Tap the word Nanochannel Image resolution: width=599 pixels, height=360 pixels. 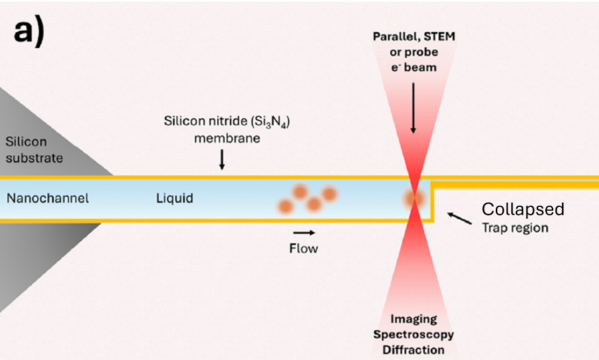(47, 198)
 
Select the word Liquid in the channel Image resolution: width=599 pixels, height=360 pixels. (174, 198)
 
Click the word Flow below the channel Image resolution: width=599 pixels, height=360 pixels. (304, 248)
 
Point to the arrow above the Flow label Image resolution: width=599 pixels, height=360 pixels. (304, 233)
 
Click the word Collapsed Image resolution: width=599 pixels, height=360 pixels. (523, 209)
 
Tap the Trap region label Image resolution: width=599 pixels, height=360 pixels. (515, 228)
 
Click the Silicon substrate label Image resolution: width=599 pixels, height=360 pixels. (34, 150)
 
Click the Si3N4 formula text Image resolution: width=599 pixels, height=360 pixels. (277, 121)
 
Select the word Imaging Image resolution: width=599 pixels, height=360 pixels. (413, 319)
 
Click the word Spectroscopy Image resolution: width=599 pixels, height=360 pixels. (413, 334)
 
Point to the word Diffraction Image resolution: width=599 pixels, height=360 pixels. (413, 349)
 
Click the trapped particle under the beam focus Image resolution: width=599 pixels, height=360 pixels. (414, 198)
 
